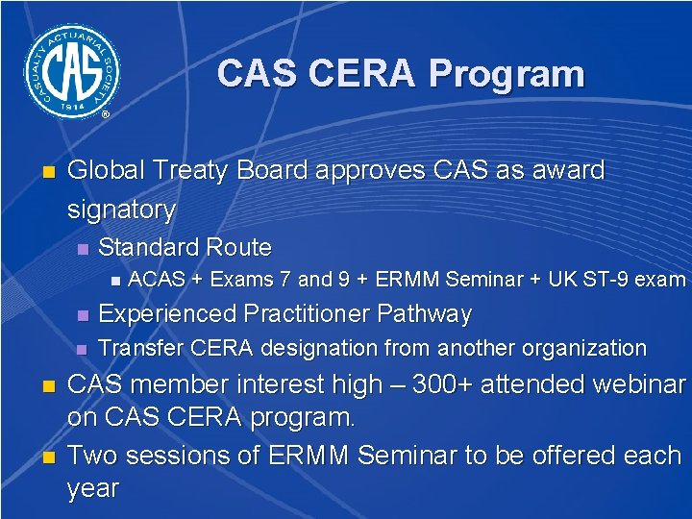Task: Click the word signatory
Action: coord(121,210)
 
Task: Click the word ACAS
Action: coord(157,281)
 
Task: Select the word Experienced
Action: coord(171,314)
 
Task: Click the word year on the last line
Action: coord(92,487)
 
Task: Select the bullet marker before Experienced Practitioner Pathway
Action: coord(82,315)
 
